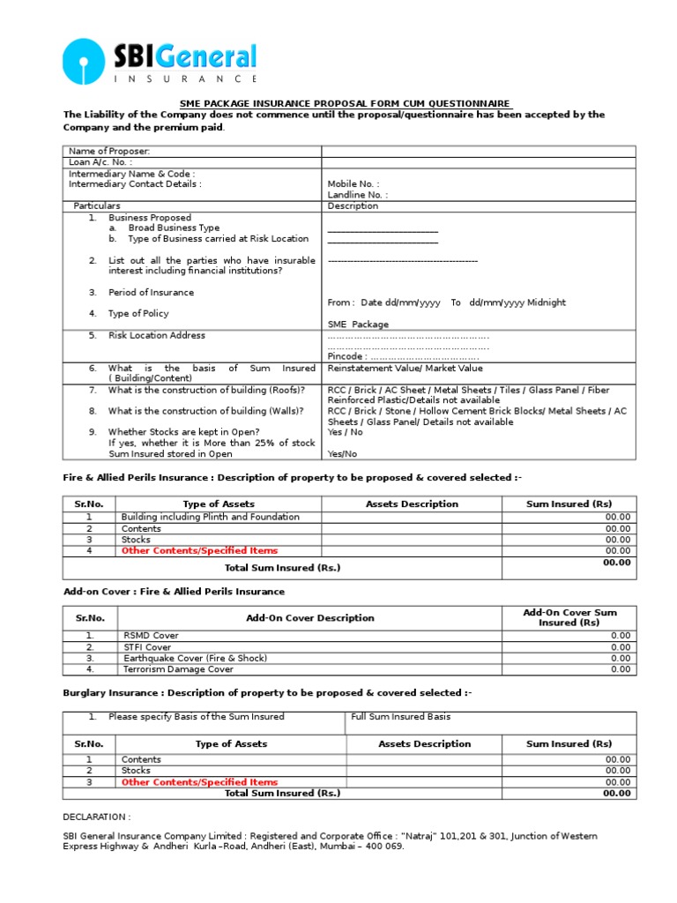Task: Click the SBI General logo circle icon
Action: (x=84, y=62)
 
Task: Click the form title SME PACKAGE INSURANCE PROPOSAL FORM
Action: (x=345, y=103)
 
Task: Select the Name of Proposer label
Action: (x=109, y=152)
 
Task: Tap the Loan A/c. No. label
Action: (x=100, y=162)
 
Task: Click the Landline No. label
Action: (x=357, y=195)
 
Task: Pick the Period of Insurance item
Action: (x=151, y=292)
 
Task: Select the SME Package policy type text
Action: (x=358, y=325)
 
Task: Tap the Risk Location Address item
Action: (x=156, y=335)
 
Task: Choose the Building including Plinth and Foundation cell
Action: (x=210, y=517)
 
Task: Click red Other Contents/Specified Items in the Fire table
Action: (x=199, y=550)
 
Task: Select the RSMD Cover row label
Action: (x=150, y=635)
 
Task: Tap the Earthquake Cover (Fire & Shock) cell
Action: (x=194, y=658)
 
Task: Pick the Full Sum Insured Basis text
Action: (x=400, y=717)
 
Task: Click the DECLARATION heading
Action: (x=97, y=817)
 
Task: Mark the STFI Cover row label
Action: (x=146, y=646)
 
